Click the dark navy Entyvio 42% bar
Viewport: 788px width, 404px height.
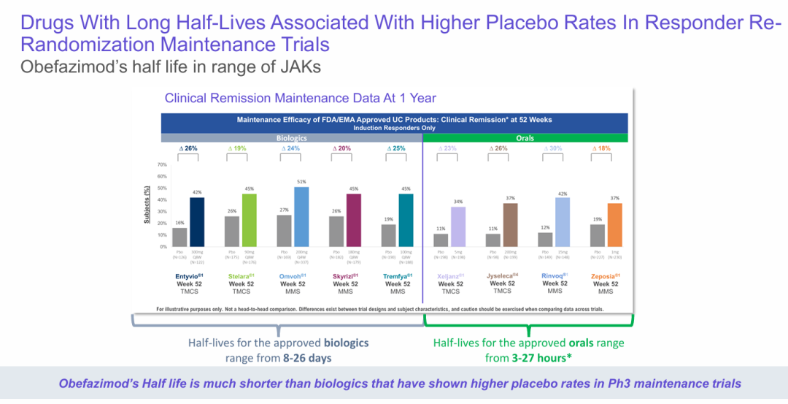pos(197,222)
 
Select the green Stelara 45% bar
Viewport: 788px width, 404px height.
pos(250,220)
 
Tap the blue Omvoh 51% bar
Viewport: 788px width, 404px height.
pos(302,217)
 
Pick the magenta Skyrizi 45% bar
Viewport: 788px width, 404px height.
pos(354,220)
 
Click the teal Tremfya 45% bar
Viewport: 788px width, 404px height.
pos(406,220)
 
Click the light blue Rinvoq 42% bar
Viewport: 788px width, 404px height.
pos(563,222)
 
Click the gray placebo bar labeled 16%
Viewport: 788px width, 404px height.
pos(179,237)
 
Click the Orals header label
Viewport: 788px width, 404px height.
pos(525,137)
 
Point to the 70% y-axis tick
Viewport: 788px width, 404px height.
pos(163,165)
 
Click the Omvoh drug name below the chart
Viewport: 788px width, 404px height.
pos(292,275)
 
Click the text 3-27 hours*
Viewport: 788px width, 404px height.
pos(541,358)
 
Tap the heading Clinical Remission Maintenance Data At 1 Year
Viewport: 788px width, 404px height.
pos(301,98)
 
